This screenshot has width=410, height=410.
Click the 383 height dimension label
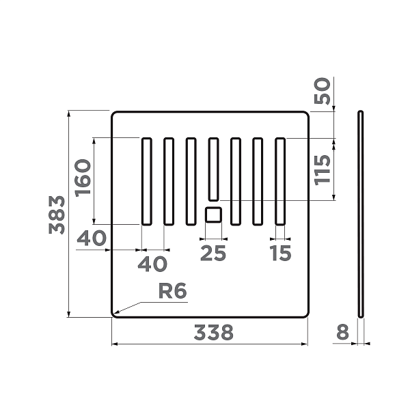57,215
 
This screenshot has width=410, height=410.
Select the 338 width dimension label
213,332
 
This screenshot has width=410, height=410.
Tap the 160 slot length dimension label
83,178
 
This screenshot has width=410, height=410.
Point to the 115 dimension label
323,170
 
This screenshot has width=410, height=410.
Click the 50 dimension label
323,91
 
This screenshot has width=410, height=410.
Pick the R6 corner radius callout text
173,290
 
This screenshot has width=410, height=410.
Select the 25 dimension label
213,253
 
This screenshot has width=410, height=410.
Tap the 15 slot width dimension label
280,253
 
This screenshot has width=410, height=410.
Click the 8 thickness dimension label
342,332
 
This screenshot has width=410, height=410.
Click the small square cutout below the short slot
213,215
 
